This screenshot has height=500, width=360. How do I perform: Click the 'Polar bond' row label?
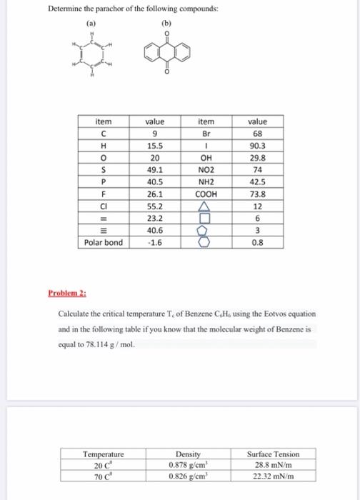(104, 242)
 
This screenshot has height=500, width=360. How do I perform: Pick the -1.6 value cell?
(155, 242)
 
